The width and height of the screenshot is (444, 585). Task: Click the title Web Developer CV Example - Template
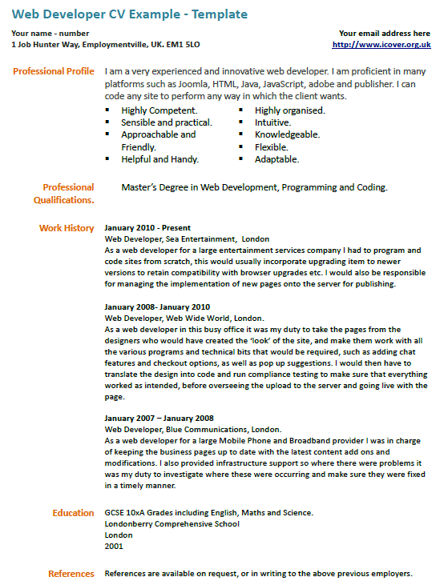click(x=129, y=14)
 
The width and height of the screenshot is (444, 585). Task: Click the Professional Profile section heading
click(x=54, y=72)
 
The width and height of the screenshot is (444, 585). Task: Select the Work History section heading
click(x=67, y=228)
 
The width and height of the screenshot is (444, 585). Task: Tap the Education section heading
click(x=73, y=513)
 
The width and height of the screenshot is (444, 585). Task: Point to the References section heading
click(x=71, y=573)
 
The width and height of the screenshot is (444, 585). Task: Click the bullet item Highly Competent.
click(x=159, y=110)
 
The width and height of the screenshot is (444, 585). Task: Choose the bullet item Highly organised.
click(x=289, y=110)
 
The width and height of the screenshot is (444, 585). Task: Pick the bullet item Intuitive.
click(x=272, y=122)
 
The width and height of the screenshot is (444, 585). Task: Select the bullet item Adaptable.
click(x=276, y=159)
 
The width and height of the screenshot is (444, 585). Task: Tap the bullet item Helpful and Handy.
click(x=159, y=159)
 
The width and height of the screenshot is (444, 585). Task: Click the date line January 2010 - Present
click(x=147, y=228)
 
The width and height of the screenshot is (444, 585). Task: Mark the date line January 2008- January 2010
click(x=157, y=307)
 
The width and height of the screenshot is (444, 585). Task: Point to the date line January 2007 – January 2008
click(x=159, y=418)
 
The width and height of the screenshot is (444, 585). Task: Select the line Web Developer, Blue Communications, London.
click(x=193, y=429)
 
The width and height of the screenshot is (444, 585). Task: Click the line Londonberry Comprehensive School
click(x=172, y=524)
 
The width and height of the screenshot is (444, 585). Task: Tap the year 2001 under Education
click(x=114, y=546)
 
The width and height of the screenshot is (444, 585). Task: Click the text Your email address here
click(x=385, y=34)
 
